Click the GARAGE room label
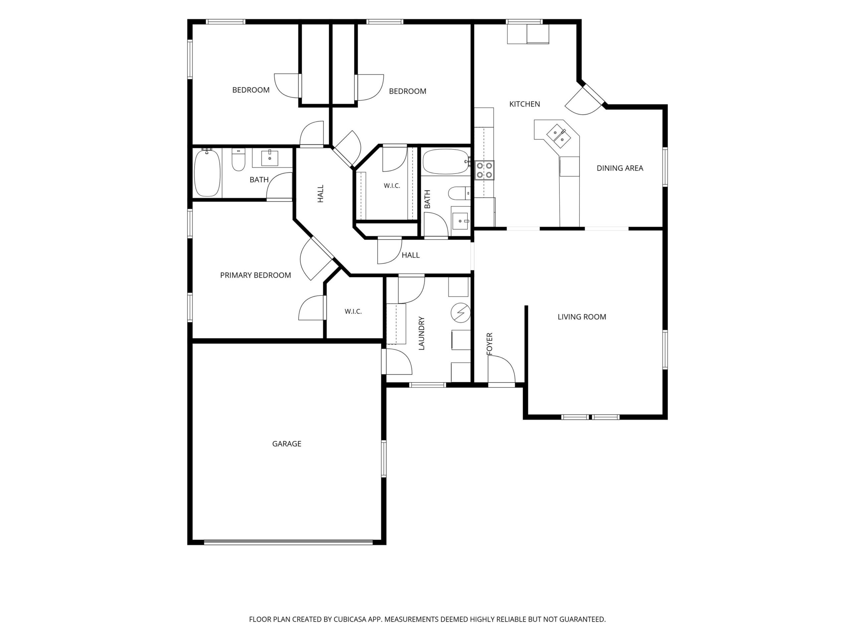[287, 444]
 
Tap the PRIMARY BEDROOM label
[255, 275]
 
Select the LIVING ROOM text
[582, 317]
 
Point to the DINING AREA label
[620, 168]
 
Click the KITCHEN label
[524, 104]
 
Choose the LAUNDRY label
[421, 333]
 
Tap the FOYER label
[489, 344]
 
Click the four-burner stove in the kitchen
[485, 170]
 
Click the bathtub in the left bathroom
[207, 173]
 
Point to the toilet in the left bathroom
[238, 160]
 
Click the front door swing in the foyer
[501, 370]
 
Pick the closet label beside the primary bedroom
[353, 311]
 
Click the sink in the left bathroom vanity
[270, 158]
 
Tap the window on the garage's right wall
[384, 459]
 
